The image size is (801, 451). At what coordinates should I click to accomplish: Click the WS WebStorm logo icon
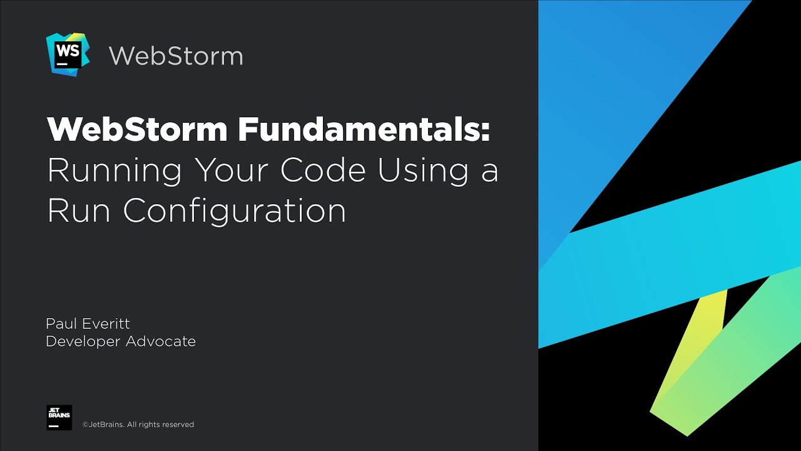click(x=67, y=54)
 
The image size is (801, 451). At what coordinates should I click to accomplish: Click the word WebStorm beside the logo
click(x=176, y=56)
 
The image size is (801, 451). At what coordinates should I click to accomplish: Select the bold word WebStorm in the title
click(x=137, y=130)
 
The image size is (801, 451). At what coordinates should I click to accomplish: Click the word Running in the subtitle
click(x=115, y=170)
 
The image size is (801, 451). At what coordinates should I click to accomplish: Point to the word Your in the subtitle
click(x=232, y=170)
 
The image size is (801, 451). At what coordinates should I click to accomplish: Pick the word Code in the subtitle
click(x=323, y=170)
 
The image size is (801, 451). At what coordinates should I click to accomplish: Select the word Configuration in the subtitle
click(x=235, y=212)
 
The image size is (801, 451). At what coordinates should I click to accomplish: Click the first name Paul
click(x=61, y=324)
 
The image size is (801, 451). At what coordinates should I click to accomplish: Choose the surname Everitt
click(x=107, y=324)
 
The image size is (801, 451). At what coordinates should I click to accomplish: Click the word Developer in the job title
click(x=83, y=342)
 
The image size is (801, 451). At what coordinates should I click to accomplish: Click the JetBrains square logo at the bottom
click(x=59, y=417)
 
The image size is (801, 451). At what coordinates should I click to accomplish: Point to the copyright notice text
click(x=138, y=425)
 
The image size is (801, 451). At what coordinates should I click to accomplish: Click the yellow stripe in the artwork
click(x=695, y=351)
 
